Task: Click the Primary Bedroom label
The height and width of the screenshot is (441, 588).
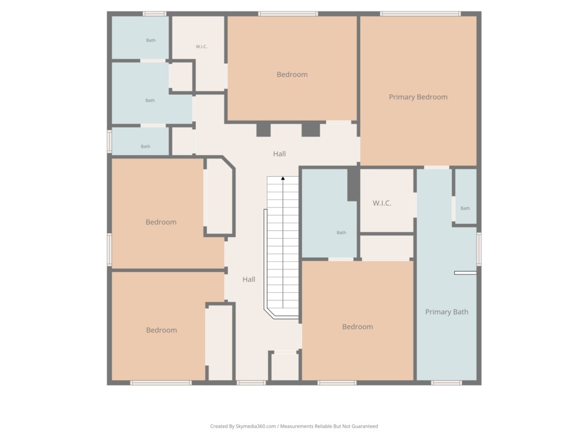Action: pos(418,97)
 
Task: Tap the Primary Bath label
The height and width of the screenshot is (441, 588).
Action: pos(446,312)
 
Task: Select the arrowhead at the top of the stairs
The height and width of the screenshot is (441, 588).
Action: pos(283,179)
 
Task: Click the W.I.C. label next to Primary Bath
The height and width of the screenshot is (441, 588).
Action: pos(382,203)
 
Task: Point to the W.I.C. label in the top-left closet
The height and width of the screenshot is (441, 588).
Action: pos(201,47)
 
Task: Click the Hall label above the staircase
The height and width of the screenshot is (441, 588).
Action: pos(279,154)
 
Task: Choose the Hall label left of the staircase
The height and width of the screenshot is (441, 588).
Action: pos(249,279)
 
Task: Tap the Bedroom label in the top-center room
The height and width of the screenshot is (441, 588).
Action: pos(292,75)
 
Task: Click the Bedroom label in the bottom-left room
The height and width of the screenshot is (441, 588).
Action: pos(161,330)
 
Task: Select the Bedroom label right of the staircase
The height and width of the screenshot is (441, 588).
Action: pos(357,327)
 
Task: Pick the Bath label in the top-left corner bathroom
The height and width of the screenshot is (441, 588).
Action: pos(150,40)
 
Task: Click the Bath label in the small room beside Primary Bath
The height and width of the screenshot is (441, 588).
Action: pos(465,208)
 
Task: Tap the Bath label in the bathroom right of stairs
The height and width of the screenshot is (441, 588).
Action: pos(341,233)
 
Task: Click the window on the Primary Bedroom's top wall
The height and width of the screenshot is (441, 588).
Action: pos(420,14)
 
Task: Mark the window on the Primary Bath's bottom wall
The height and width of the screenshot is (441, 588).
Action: pos(446,382)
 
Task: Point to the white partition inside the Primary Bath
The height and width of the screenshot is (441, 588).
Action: pos(465,273)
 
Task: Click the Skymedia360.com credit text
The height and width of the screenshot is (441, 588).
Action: pos(294,426)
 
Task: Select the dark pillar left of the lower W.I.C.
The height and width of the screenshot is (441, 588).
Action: pos(353,184)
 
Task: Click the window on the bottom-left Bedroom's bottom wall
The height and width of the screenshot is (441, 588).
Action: pos(161,382)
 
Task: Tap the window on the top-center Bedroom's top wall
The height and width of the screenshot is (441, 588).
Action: pos(288,14)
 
